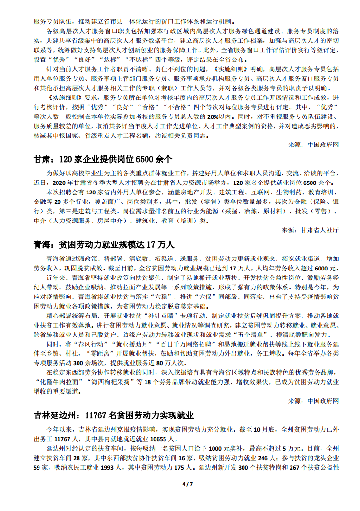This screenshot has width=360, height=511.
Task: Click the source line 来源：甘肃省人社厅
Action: [x=310, y=230]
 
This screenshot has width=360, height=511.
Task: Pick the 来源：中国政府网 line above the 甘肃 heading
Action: [x=313, y=144]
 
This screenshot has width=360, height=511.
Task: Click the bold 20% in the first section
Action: [x=212, y=116]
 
